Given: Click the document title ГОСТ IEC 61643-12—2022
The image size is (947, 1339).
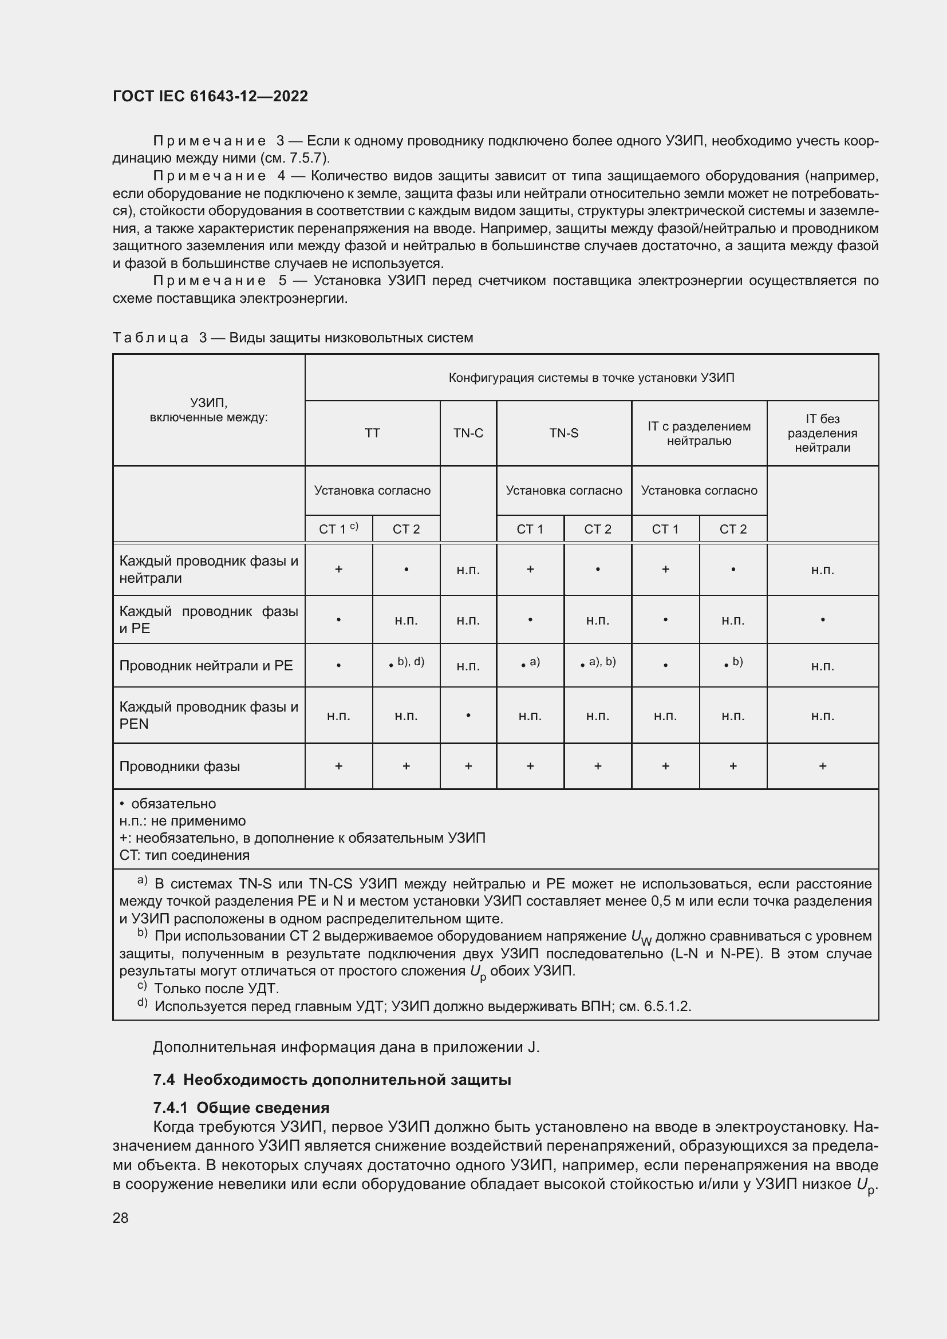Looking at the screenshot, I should (210, 96).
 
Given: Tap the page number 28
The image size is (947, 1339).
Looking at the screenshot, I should (120, 1218).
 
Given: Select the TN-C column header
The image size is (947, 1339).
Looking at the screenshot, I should (468, 433).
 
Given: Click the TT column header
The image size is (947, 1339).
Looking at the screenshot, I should (372, 433).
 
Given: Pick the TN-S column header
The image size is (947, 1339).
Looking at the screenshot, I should (563, 433).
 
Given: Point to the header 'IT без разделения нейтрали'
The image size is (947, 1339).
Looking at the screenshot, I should (822, 433).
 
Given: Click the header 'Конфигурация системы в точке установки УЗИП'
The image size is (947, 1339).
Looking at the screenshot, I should (591, 377).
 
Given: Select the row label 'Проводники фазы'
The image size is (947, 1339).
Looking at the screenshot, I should (180, 767).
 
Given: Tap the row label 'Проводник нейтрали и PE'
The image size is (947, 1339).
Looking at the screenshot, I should (206, 665).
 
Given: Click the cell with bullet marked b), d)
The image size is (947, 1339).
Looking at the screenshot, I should (407, 663).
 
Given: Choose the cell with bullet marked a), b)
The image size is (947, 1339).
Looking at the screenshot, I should (598, 663).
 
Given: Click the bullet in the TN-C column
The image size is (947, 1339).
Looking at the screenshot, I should (468, 716).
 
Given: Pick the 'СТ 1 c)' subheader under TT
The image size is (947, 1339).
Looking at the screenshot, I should (338, 529).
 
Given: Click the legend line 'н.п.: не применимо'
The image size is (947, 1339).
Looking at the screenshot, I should (183, 820).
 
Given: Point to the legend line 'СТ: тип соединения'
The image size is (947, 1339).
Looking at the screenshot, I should (184, 855).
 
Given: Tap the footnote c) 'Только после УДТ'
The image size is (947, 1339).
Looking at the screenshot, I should (216, 989).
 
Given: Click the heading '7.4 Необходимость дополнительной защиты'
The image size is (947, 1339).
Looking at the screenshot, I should (332, 1080).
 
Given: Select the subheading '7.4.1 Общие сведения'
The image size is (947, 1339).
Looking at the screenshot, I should (241, 1108).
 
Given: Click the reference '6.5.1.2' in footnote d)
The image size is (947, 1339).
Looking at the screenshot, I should (667, 1006).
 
